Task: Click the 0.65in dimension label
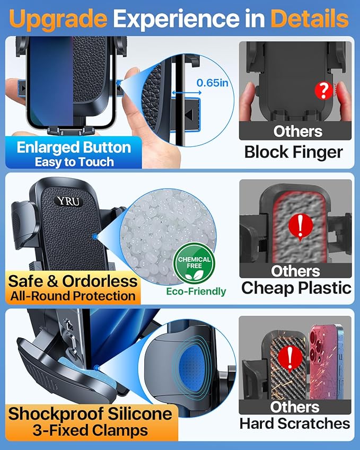point(213,83)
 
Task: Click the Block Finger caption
point(293,152)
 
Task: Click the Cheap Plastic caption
point(296,288)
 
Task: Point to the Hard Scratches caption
point(295,423)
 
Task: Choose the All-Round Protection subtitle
point(73,296)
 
